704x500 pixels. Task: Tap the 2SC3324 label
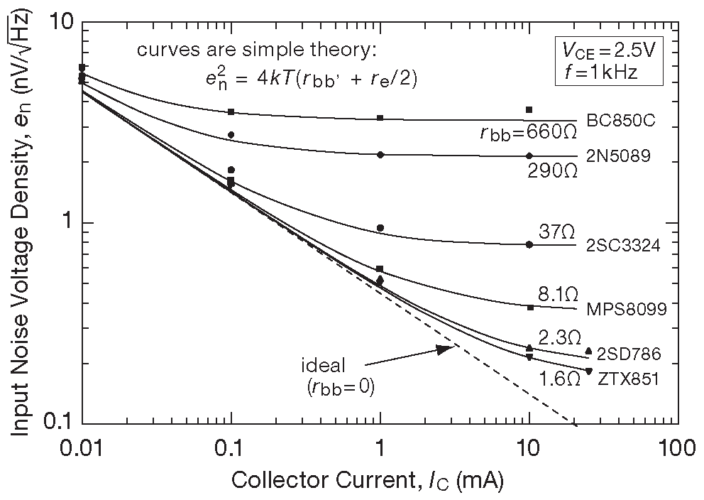pos(623,246)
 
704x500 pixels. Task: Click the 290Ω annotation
pos(553,171)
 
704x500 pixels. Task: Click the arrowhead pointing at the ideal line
pos(444,349)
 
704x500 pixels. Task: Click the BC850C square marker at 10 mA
pos(529,109)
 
